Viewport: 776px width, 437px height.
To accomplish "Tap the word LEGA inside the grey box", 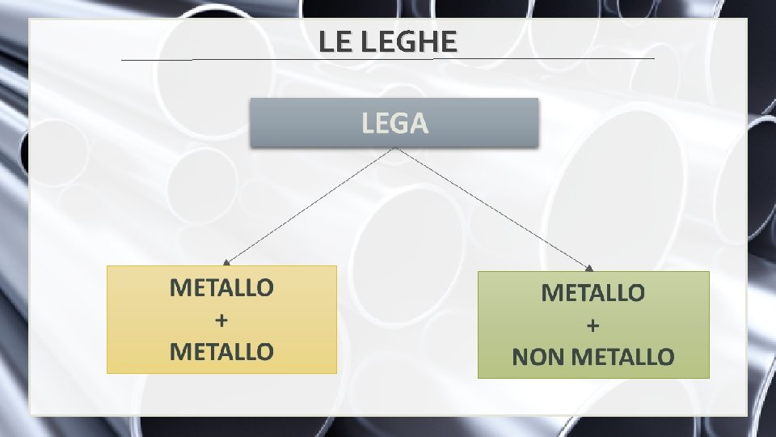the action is point(394,124).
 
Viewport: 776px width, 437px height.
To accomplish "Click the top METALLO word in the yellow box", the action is point(221,287).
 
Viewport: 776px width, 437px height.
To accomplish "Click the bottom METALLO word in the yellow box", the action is point(221,351).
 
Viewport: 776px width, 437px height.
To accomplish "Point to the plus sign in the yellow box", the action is point(221,320).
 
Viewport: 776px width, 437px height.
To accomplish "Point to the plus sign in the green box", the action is point(593,325).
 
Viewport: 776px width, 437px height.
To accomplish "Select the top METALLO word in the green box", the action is point(593,293).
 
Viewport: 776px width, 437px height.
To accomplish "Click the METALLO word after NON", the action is point(622,357).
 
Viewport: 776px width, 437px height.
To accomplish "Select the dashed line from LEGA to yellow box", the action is point(311,206).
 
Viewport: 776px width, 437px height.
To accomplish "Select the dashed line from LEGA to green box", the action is point(493,208).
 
